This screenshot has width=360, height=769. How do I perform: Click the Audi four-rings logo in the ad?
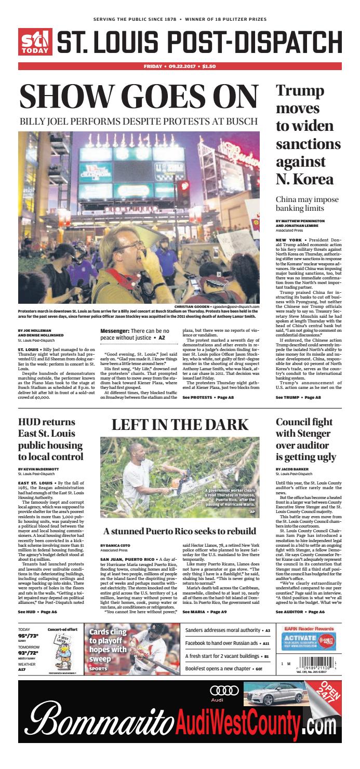[x=224, y=690]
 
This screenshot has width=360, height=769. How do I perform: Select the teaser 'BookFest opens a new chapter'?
[x=220, y=669]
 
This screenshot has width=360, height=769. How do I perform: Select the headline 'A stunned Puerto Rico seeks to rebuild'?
[x=179, y=531]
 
